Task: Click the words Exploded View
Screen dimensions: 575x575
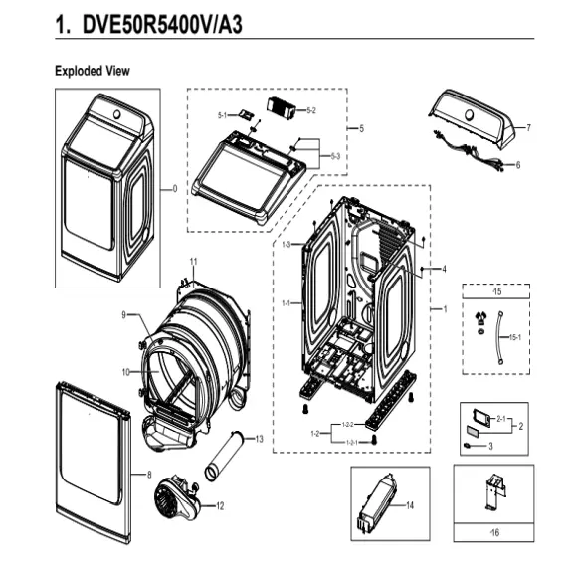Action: tap(92, 72)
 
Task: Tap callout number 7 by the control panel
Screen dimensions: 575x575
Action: tap(528, 128)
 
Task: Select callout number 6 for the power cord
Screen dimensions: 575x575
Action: tap(518, 165)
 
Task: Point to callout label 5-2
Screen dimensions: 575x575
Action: tap(310, 108)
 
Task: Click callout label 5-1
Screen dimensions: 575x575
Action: tap(224, 116)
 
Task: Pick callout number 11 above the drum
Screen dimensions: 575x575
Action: tap(194, 261)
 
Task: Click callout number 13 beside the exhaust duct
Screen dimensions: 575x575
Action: tap(259, 439)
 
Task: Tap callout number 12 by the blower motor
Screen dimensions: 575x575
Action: tap(219, 505)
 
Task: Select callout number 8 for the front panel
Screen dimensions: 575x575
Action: tap(149, 476)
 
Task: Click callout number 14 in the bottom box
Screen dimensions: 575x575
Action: tap(410, 506)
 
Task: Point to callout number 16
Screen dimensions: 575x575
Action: tap(494, 534)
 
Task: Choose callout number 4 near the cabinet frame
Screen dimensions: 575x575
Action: tap(444, 269)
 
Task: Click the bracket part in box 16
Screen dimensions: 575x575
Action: tap(493, 496)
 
